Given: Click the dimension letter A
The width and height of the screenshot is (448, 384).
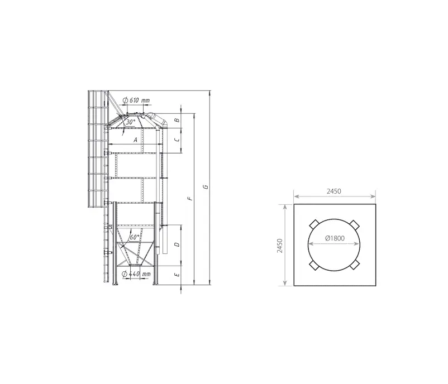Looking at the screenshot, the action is click(136, 140).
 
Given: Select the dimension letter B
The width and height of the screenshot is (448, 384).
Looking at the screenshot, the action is click(177, 120).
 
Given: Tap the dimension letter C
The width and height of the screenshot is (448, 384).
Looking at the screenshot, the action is click(177, 140).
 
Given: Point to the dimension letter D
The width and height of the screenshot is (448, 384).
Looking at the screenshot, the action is click(177, 244).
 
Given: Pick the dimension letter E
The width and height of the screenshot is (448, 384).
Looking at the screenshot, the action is click(177, 275).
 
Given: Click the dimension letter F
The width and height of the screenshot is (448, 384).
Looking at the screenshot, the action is click(190, 198).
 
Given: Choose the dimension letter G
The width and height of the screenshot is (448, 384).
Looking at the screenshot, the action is click(206, 187).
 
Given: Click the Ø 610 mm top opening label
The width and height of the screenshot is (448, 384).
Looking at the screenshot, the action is click(136, 100).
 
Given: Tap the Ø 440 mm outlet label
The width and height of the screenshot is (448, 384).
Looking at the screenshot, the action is click(136, 274).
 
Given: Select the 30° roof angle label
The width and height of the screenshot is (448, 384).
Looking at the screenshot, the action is click(131, 122).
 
